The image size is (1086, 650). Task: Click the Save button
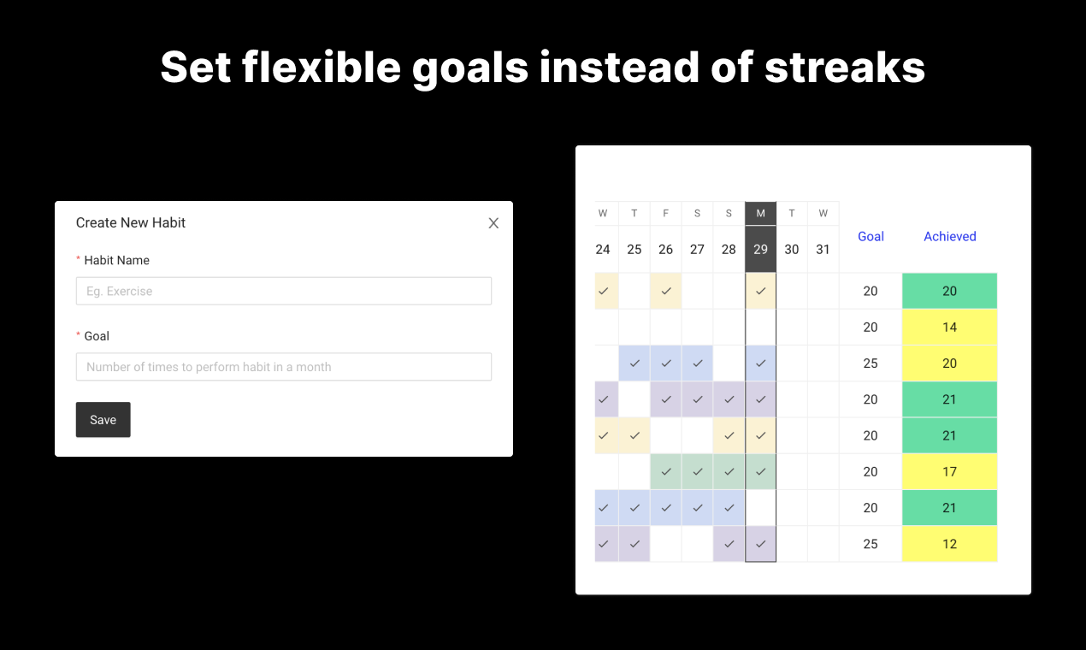(x=103, y=420)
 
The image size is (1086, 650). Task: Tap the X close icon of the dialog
(x=493, y=223)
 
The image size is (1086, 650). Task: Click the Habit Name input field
(x=284, y=291)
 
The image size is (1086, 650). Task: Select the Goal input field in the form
(x=284, y=367)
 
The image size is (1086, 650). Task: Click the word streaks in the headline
(x=845, y=67)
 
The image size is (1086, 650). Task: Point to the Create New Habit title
(x=131, y=222)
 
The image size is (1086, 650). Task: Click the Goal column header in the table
(x=871, y=236)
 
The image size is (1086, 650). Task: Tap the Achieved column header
(x=950, y=236)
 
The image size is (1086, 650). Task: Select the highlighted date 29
(x=760, y=250)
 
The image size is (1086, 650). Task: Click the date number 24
(x=603, y=250)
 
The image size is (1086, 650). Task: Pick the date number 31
(x=823, y=250)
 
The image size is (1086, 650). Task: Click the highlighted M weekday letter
(x=760, y=214)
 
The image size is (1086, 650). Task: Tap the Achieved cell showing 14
(x=949, y=327)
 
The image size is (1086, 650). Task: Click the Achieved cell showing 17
(x=949, y=471)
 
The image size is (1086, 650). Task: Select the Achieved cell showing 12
(x=949, y=544)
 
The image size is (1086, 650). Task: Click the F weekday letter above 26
(x=665, y=214)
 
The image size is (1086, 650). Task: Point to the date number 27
(x=697, y=250)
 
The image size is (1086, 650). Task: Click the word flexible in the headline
(x=322, y=67)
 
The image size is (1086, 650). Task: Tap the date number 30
(x=792, y=250)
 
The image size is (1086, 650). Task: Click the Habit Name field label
(x=117, y=261)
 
